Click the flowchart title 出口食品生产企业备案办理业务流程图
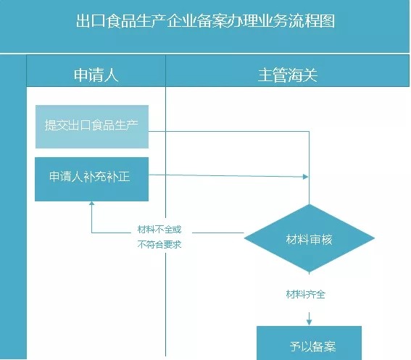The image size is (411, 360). (205, 21)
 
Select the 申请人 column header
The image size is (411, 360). (96, 75)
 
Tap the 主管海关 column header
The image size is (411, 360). (287, 75)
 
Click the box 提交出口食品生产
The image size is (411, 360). (92, 125)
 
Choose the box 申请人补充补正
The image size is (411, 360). (92, 179)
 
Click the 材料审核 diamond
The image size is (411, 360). (310, 239)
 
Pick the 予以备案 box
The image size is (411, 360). (309, 346)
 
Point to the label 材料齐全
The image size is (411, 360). (310, 295)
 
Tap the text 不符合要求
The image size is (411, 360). (159, 244)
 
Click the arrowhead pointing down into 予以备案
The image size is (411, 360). (310, 319)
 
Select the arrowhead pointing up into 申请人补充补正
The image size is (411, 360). (92, 206)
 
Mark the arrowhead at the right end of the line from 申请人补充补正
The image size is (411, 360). (305, 177)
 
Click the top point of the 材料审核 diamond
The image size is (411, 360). (310, 205)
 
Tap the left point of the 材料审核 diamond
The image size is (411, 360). (244, 239)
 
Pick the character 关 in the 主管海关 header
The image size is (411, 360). (310, 75)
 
